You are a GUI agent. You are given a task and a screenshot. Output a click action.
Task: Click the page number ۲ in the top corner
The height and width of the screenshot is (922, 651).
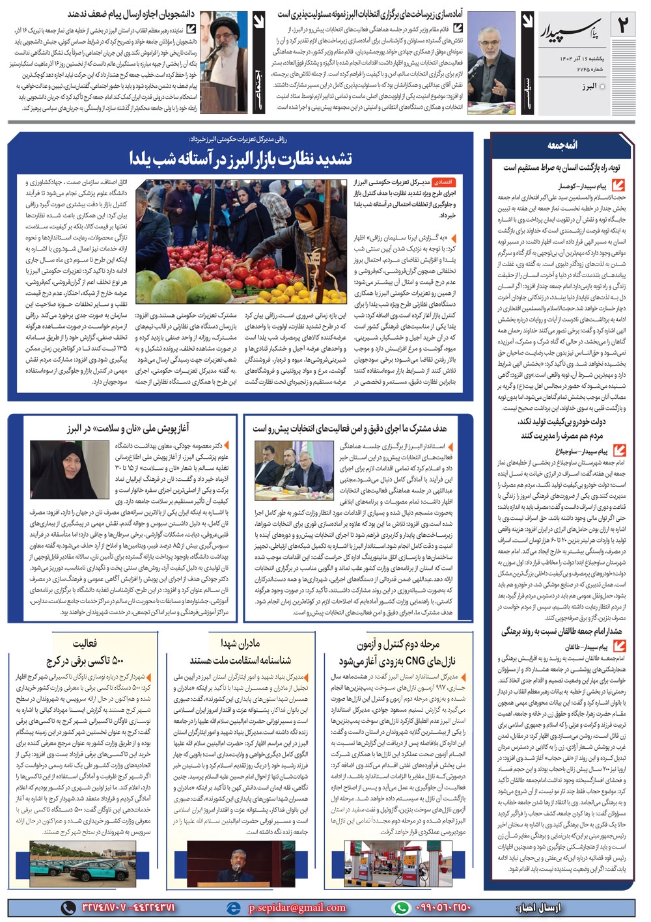click(x=624, y=26)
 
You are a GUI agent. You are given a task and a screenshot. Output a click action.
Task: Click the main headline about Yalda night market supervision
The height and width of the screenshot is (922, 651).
click(x=240, y=157)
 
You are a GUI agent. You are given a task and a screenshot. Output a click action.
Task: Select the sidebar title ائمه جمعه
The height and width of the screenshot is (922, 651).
click(x=562, y=144)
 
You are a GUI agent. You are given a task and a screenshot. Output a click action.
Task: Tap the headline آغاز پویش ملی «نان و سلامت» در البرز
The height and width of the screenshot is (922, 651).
click(x=128, y=428)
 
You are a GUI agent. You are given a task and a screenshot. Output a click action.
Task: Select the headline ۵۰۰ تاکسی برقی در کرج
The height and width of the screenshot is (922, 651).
click(x=85, y=661)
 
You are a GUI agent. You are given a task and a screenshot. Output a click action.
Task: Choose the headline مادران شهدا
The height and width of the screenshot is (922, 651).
click(x=240, y=644)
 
